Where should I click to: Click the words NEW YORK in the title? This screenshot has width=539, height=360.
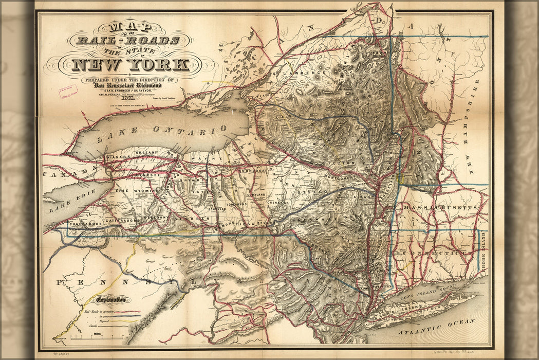pos(131,64)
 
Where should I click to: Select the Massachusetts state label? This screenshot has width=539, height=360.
pos(442,207)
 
